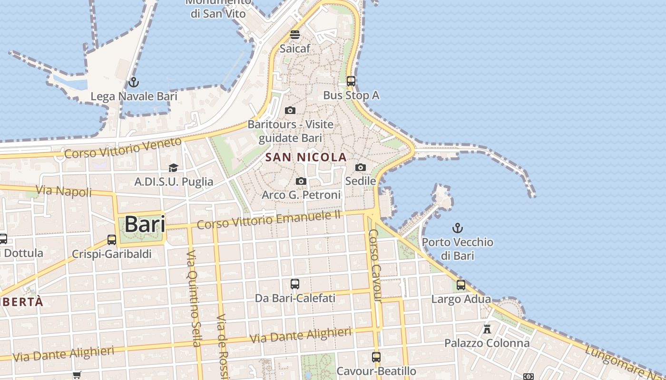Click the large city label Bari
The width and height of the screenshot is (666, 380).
coord(145,224)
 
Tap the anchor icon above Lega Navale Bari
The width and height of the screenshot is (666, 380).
coord(134,82)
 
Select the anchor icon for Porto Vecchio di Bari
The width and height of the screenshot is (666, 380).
coord(458,228)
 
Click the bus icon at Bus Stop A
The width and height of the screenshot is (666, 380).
coord(351,81)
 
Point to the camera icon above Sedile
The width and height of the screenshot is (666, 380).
coord(361,167)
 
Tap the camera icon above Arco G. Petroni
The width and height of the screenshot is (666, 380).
coord(301,181)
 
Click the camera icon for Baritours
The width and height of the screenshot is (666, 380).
coord(290,111)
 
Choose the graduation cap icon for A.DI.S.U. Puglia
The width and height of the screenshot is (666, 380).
coord(173,168)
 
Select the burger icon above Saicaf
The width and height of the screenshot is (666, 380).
coord(295,35)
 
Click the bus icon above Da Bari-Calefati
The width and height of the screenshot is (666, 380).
coord(295,284)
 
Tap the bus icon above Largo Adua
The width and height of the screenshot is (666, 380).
coord(461,285)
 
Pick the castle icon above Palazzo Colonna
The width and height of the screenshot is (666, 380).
coord(487,329)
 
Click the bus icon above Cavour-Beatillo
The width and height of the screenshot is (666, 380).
coord(376,357)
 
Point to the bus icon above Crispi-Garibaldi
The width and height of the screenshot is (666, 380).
coord(112,240)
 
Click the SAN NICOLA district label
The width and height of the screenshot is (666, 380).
coord(306,157)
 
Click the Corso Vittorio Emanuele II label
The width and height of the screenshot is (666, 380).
coord(269,219)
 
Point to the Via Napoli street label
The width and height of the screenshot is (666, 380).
coord(63,191)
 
